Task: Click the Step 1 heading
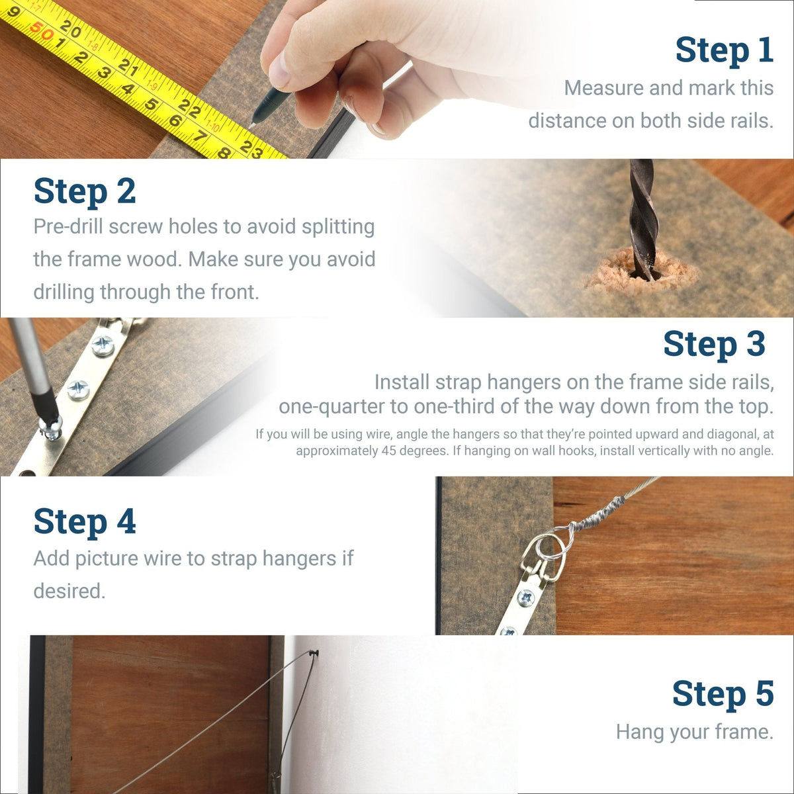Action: point(724,51)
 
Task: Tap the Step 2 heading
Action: point(85,191)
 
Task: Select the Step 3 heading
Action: point(714,345)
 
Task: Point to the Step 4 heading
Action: point(85,521)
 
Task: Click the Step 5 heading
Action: point(723,694)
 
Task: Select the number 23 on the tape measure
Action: point(251,149)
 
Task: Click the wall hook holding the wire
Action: point(316,655)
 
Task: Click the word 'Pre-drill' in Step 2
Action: point(68,226)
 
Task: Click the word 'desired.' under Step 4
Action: point(69,590)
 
